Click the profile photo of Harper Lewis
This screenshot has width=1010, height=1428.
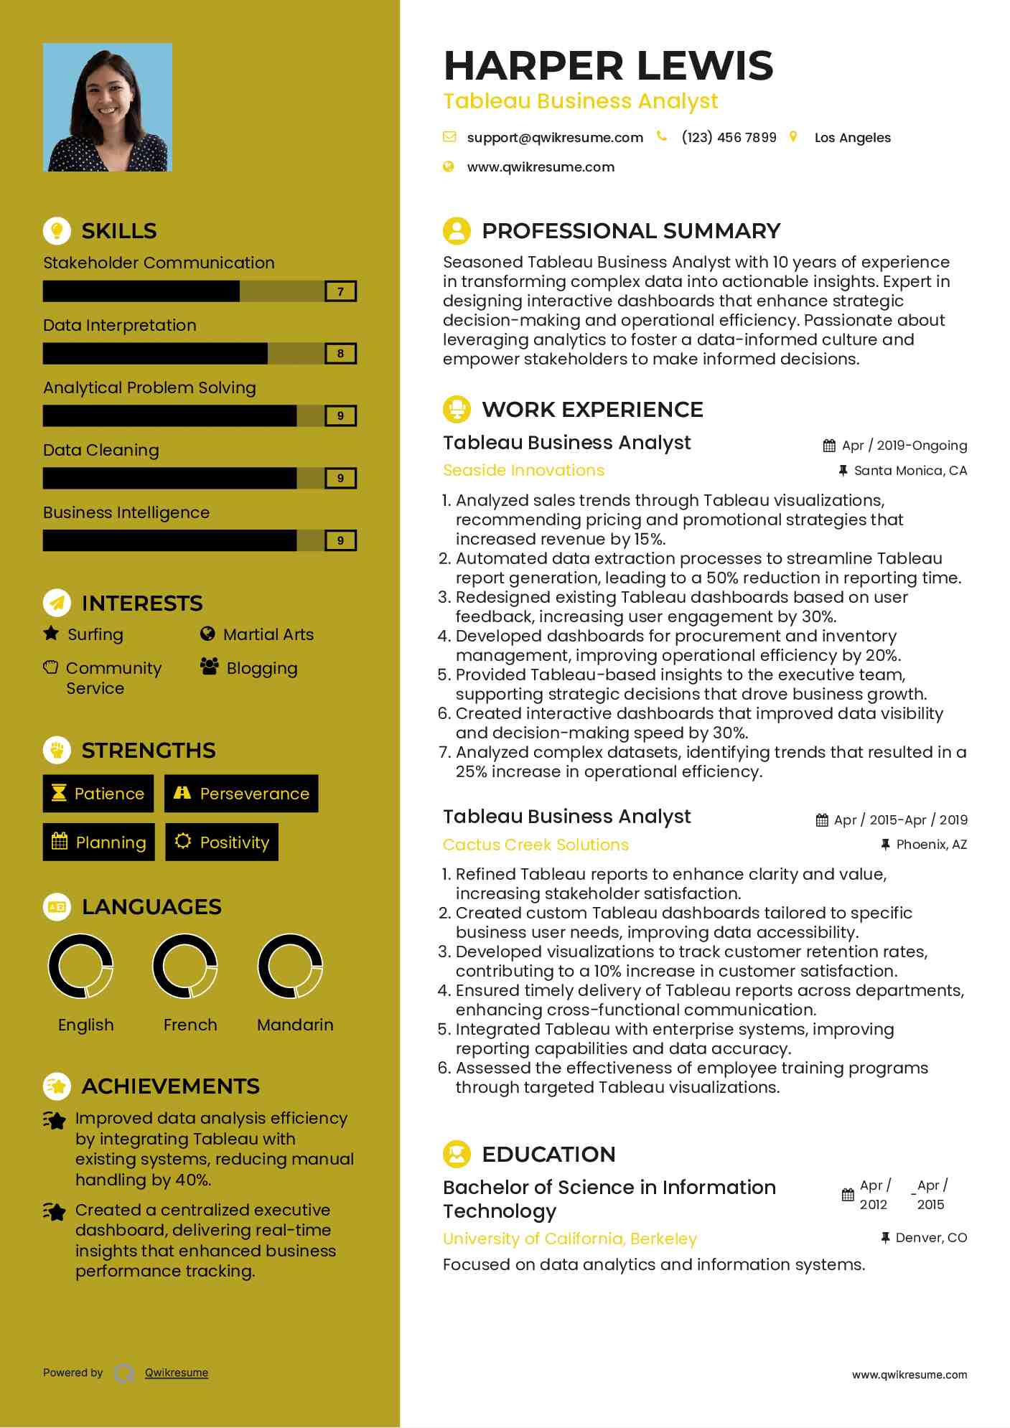(x=108, y=108)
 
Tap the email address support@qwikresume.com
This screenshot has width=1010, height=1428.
(x=555, y=138)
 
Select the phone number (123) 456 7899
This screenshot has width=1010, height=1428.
(x=729, y=138)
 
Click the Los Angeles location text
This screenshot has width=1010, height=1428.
(x=852, y=138)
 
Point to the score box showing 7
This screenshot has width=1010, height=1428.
(x=340, y=291)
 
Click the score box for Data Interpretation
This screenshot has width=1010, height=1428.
(x=340, y=354)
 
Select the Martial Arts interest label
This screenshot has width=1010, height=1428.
(x=268, y=634)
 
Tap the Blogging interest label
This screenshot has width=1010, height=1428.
(x=261, y=668)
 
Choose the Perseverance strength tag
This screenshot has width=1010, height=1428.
(x=241, y=794)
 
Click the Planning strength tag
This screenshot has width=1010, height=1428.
(x=99, y=842)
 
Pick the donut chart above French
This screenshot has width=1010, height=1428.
(x=185, y=966)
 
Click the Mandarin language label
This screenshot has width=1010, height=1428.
(x=295, y=1025)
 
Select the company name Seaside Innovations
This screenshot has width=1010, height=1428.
(x=523, y=471)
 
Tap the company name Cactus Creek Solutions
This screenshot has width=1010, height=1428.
(x=536, y=845)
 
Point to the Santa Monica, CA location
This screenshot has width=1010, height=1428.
(x=910, y=471)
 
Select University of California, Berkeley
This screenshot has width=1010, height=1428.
(x=570, y=1239)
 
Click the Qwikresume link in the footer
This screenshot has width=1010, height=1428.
(x=177, y=1373)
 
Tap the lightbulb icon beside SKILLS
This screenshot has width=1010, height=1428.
(x=57, y=230)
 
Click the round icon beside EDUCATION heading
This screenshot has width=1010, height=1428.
(x=457, y=1154)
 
